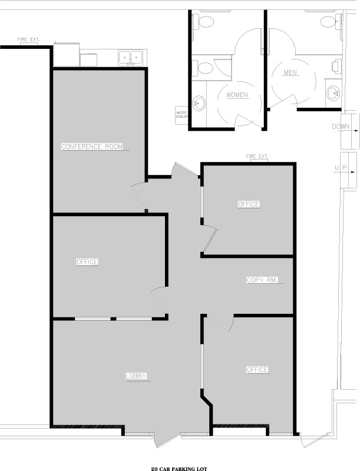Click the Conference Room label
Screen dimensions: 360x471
pos(92,147)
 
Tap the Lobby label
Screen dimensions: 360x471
pos(136,376)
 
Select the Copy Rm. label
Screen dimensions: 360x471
pos(262,280)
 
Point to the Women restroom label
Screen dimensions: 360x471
pos(237,95)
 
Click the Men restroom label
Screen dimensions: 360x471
pos(290,72)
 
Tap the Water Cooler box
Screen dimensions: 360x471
pos(181,115)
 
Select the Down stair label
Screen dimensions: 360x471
pos(341,127)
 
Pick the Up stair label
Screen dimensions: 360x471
pos(341,168)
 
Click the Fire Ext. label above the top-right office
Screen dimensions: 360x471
pos(257,157)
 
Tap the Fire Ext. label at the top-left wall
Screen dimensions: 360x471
pos(28,39)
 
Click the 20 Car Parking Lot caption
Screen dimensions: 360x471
pos(179,469)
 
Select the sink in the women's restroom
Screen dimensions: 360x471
pos(199,103)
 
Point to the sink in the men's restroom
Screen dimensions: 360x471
pos(333,92)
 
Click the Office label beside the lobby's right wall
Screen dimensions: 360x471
pos(257,370)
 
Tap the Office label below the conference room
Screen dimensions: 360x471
pos(87,262)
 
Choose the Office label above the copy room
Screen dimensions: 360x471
pos(249,204)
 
